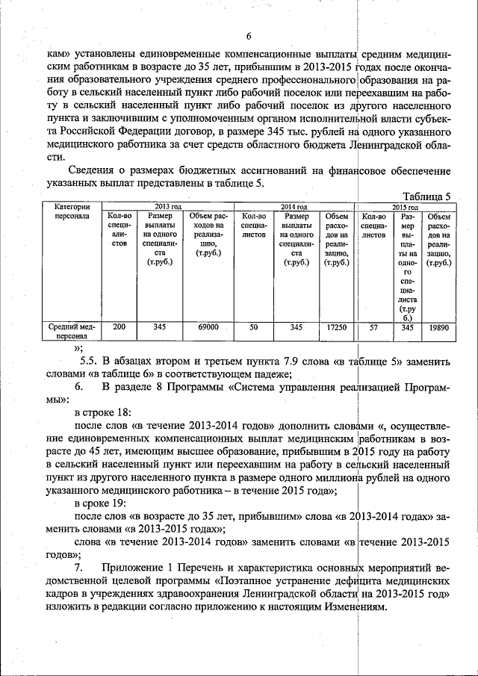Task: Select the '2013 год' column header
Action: (167, 206)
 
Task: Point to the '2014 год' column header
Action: (294, 206)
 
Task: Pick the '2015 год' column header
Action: (404, 206)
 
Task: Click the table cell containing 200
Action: (119, 327)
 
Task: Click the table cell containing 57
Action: (374, 327)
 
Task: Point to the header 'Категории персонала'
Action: (72, 211)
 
